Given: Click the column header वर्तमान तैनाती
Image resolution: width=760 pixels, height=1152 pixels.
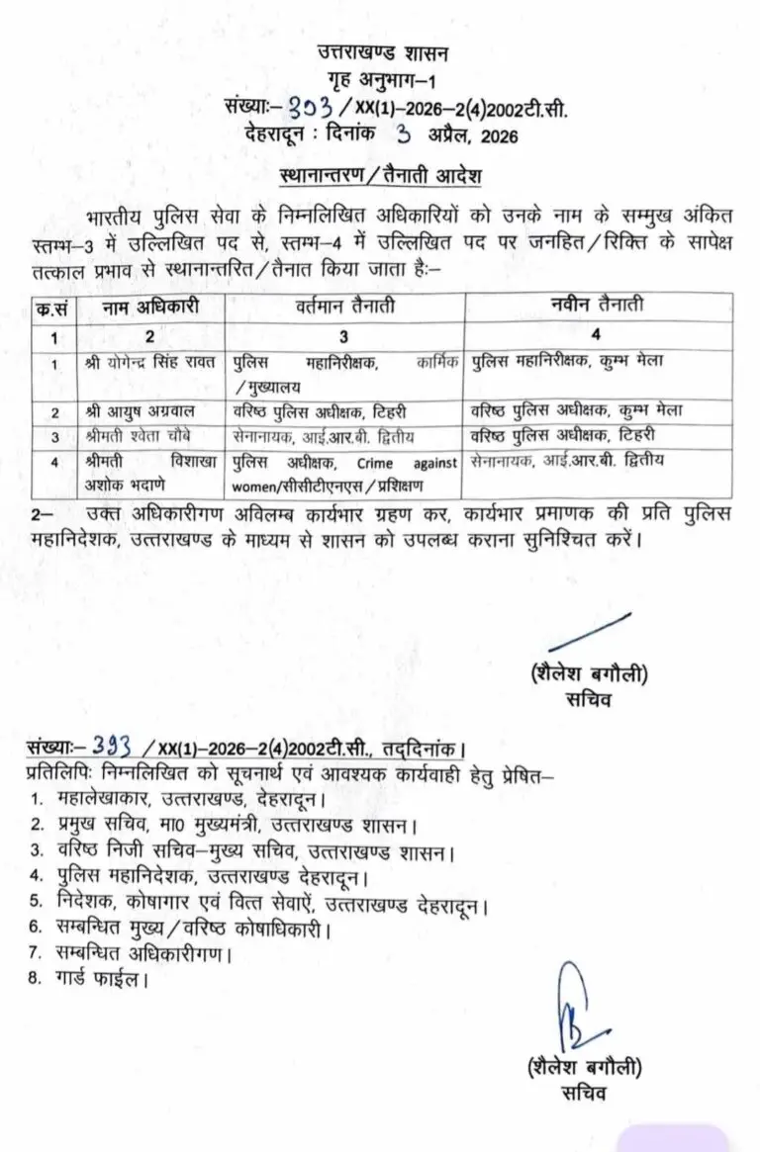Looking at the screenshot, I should click(342, 307).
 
